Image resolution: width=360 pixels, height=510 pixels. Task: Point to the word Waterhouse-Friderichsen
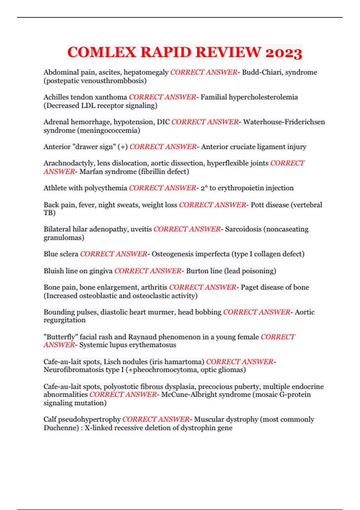point(284,122)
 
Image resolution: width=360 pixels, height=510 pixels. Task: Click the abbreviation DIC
point(163,122)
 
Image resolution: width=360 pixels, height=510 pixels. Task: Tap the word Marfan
point(90,172)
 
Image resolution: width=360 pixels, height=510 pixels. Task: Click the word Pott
point(257,205)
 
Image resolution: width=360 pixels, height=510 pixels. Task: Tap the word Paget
point(250,287)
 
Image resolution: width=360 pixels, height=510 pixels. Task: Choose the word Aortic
point(304,312)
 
